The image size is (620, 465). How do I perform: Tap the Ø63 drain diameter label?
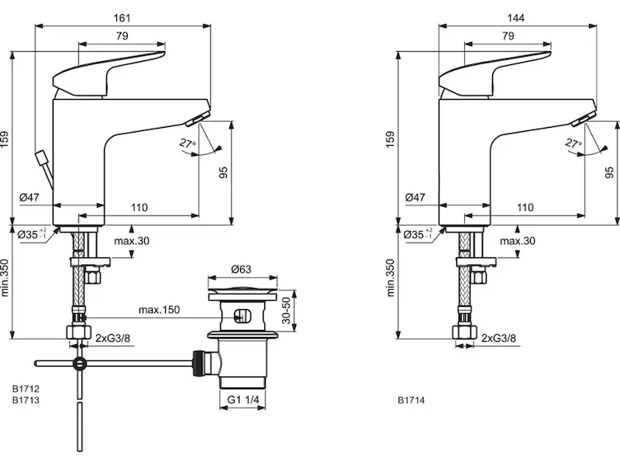pos(242,270)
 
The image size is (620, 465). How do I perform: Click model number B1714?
pos(412,401)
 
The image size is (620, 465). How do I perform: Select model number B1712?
pos(26,389)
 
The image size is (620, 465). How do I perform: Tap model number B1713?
pos(26,401)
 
